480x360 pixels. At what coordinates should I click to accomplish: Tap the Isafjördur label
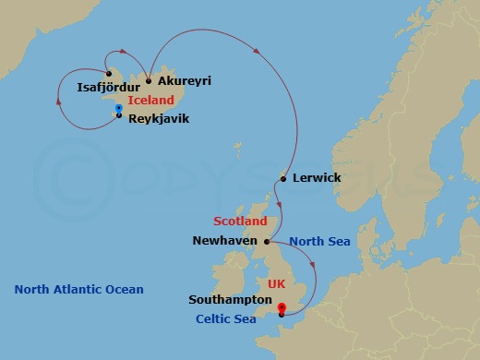107,90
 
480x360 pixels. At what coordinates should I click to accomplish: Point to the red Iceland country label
152,100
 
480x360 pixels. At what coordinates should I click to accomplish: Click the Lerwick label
317,177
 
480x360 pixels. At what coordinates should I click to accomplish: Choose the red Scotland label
240,222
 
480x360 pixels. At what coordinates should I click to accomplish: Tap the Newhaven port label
224,241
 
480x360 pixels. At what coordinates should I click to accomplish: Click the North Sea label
319,241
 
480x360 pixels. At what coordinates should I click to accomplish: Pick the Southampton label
229,300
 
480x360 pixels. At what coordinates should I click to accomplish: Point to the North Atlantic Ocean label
79,290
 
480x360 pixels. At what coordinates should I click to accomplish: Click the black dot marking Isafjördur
108,75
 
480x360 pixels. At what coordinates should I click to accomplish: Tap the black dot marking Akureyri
149,81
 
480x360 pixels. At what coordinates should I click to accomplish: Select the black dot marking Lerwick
282,178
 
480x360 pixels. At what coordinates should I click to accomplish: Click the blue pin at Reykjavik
119,109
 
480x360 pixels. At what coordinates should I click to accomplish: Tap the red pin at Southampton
282,309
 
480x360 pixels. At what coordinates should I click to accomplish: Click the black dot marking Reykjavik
119,115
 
